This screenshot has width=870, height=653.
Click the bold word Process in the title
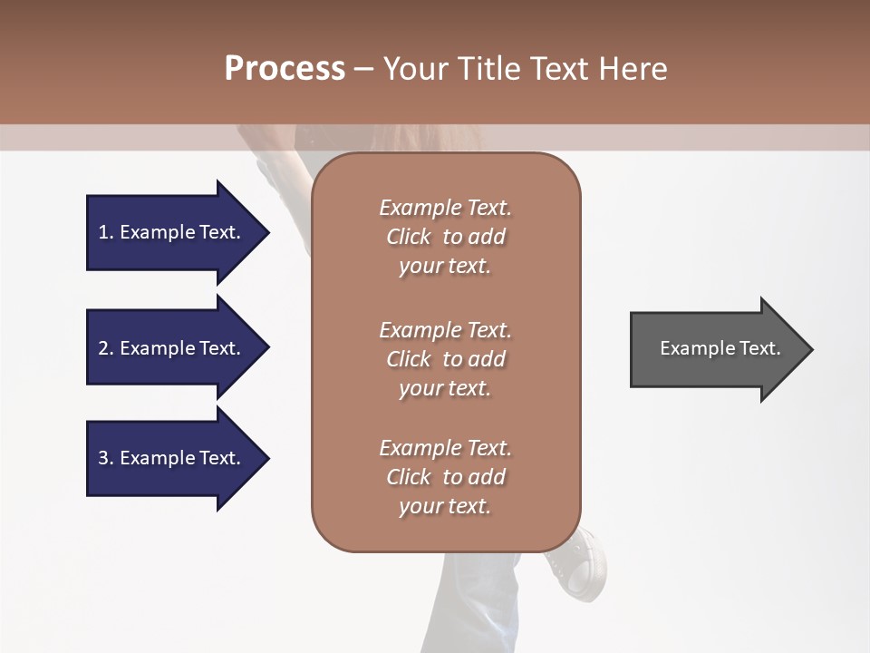(x=285, y=69)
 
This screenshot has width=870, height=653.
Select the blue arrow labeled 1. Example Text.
(x=172, y=232)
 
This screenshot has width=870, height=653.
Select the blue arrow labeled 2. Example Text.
(x=172, y=348)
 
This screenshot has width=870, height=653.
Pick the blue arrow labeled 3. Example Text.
(x=172, y=458)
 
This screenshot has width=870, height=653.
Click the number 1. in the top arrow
(x=106, y=232)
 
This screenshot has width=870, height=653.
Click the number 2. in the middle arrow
(x=106, y=348)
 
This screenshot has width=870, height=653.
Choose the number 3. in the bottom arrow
(x=106, y=458)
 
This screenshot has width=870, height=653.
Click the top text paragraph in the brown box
(x=445, y=237)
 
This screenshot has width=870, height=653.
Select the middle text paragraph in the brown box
(x=445, y=359)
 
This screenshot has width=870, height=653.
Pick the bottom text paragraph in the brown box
(x=445, y=477)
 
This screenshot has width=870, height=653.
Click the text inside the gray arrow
(x=720, y=348)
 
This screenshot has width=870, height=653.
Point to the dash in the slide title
(x=363, y=70)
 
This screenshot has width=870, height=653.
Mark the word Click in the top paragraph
(x=409, y=237)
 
